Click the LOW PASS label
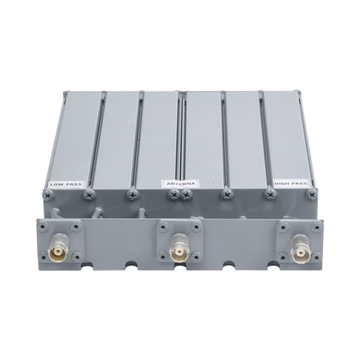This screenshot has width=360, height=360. click(67, 184)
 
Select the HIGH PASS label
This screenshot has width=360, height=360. click(291, 183)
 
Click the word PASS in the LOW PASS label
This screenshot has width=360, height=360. click(74, 184)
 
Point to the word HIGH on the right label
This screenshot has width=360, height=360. click(282, 183)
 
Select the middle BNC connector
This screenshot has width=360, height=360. click(179, 248)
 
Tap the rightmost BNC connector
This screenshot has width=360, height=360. click(300, 248)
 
